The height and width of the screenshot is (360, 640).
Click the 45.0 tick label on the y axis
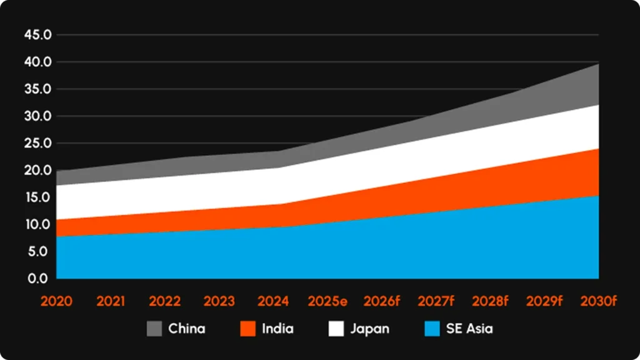click(x=37, y=34)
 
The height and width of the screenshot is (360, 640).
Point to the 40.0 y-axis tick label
click(x=37, y=62)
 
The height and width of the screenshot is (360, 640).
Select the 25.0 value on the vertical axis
click(x=37, y=143)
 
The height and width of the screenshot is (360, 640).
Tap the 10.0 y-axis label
click(x=37, y=224)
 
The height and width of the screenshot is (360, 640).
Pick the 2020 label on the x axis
click(x=56, y=301)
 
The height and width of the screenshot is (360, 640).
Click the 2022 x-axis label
click(x=165, y=301)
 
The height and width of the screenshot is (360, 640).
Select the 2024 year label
click(x=273, y=301)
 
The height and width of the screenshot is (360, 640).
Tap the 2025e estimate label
click(x=327, y=301)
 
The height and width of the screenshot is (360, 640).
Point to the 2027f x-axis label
click(x=436, y=301)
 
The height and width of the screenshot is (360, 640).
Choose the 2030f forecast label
click(x=599, y=301)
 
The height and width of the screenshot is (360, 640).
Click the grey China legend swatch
click(x=154, y=329)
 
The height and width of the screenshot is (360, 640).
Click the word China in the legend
click(x=186, y=329)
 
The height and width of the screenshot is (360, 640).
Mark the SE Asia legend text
click(x=470, y=329)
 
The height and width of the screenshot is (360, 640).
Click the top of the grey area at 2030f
click(x=597, y=65)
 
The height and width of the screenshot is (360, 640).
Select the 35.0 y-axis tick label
click(x=37, y=89)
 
